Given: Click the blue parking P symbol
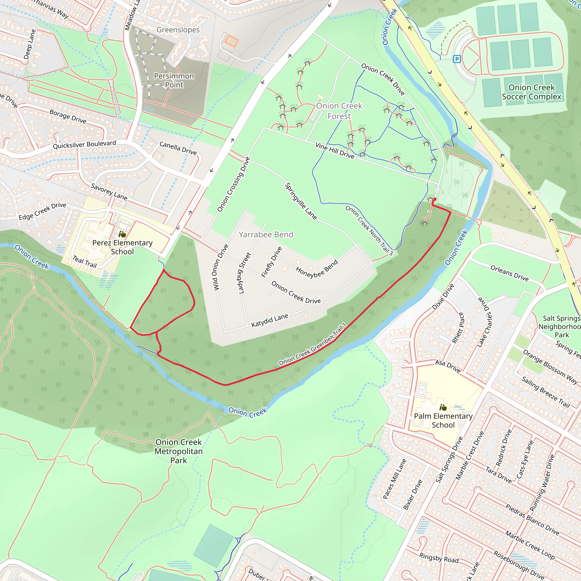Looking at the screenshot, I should [457, 59].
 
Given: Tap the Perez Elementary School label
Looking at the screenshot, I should [122, 247].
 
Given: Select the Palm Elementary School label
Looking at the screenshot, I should [443, 420].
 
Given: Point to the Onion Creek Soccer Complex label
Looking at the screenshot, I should [531, 92].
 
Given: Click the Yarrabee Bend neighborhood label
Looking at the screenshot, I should [266, 235].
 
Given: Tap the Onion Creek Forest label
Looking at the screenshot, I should [339, 111].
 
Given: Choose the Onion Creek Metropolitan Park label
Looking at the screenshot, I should [179, 451].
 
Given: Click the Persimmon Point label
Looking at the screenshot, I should [174, 80].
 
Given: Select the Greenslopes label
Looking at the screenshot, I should [178, 30].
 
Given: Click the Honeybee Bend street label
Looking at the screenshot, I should [317, 269].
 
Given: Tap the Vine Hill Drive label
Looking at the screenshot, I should [335, 150].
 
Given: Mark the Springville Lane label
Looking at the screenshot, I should [301, 201].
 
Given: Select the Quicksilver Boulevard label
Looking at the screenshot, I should [85, 144].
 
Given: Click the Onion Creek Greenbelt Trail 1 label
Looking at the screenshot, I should [313, 345].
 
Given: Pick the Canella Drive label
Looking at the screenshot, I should [178, 148].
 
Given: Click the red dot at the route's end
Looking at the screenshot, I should [435, 199].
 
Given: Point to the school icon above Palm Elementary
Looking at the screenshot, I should [443, 408].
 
